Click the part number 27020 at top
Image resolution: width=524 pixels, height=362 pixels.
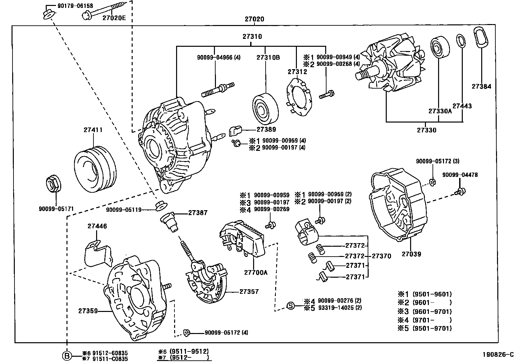254,19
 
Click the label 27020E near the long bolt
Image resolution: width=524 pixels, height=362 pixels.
114,18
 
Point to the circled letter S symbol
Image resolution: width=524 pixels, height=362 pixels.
291,306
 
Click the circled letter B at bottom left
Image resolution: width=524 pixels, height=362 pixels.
67,356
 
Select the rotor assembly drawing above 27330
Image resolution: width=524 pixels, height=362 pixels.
390,69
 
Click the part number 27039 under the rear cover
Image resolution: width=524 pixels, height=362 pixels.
411,254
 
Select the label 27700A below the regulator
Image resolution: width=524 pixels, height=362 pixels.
256,272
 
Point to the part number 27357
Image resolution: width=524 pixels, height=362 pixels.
249,292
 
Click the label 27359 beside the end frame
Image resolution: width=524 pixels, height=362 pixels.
88,311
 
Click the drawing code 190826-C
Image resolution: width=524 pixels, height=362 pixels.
498,355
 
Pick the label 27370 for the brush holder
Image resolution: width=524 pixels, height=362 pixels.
381,256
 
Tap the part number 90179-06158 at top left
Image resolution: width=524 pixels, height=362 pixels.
70,6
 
